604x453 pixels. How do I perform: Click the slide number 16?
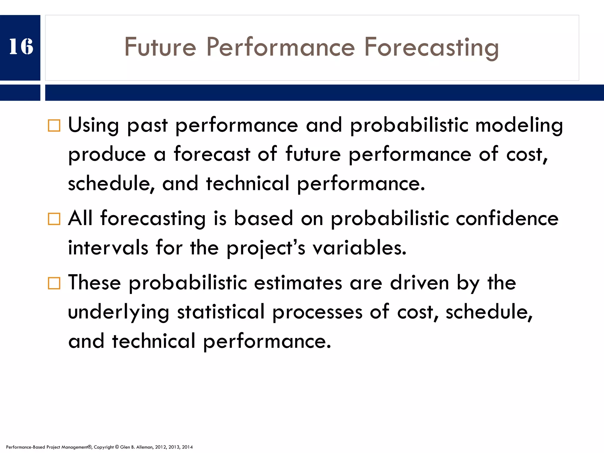(21, 47)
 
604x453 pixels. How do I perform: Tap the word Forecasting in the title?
(431, 47)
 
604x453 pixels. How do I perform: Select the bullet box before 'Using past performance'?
(54, 126)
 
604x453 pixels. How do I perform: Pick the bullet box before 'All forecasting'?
(54, 219)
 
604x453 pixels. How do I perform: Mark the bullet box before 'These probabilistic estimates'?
(54, 283)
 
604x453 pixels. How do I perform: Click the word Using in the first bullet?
(93, 125)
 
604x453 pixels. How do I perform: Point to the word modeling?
(519, 125)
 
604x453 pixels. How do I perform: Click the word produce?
(107, 155)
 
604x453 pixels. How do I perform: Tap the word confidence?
(507, 219)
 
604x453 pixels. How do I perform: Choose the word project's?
(266, 248)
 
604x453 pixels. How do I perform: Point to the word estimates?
(298, 283)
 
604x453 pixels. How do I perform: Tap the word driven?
(419, 283)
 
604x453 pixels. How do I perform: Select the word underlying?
(119, 312)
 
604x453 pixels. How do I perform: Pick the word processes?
(317, 312)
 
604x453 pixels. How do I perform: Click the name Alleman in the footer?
(145, 447)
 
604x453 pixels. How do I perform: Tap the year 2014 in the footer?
(187, 447)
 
